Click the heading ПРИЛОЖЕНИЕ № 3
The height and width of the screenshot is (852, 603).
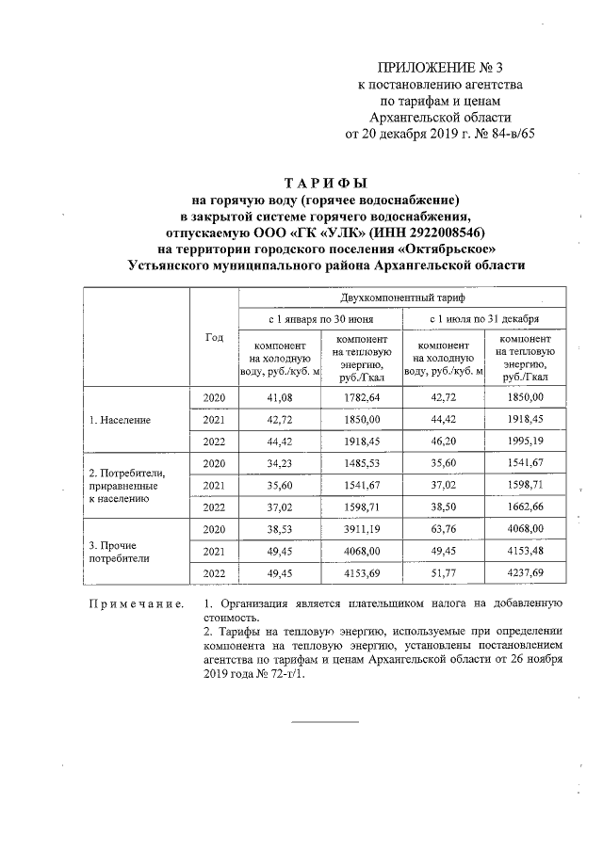coord(441,68)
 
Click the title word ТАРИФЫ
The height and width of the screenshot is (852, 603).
coord(326,183)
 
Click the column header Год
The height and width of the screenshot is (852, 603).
coord(214,336)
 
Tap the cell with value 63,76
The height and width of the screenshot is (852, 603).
coord(444,529)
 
